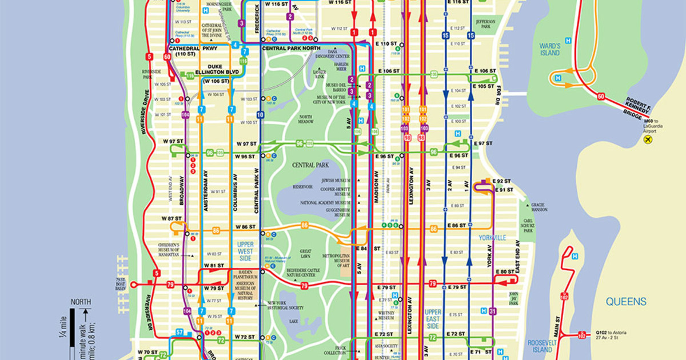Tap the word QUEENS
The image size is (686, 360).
pos(627,302)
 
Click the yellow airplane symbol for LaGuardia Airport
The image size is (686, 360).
pos(648,139)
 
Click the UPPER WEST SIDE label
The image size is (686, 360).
pos(245,252)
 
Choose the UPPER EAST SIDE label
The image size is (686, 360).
pos(433,319)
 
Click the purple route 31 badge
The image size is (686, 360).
pos(493,311)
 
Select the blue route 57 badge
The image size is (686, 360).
pos(180,332)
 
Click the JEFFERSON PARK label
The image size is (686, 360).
pos(485,24)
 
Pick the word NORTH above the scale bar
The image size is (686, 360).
pos(81,302)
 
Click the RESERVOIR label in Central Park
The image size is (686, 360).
pos(302,186)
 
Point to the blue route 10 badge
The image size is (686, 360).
pos(261,115)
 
